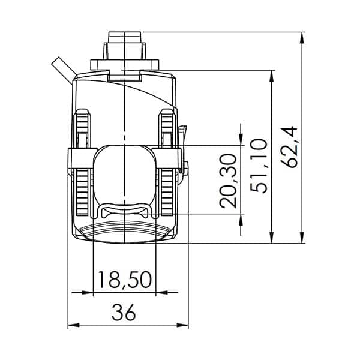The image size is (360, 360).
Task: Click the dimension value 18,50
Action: click(124, 280)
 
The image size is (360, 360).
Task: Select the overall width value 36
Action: click(124, 312)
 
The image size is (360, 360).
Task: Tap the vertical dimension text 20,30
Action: click(229, 181)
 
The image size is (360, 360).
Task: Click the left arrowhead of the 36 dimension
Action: click(71, 326)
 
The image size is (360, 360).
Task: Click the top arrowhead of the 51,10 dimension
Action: click(273, 75)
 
